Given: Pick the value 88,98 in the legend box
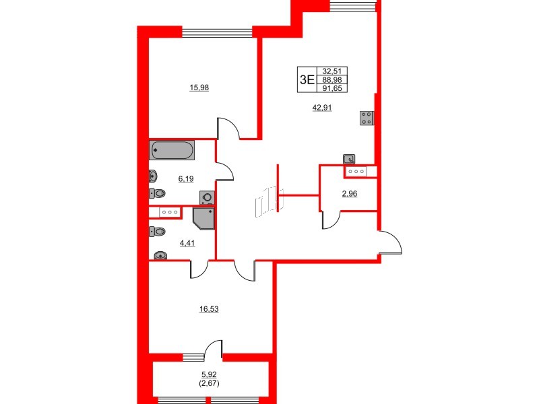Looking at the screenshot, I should pyautogui.click(x=331, y=79).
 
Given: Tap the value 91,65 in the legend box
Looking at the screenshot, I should pyautogui.click(x=331, y=88).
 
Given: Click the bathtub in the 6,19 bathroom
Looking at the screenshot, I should pyautogui.click(x=172, y=149).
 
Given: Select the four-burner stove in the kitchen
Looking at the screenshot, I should pyautogui.click(x=367, y=118).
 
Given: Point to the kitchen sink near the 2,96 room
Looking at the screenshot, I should pyautogui.click(x=349, y=160).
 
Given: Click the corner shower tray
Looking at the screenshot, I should pyautogui.click(x=203, y=218).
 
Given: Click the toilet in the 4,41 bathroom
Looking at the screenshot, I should pyautogui.click(x=158, y=232).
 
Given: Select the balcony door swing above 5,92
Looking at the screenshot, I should pyautogui.click(x=214, y=349).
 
